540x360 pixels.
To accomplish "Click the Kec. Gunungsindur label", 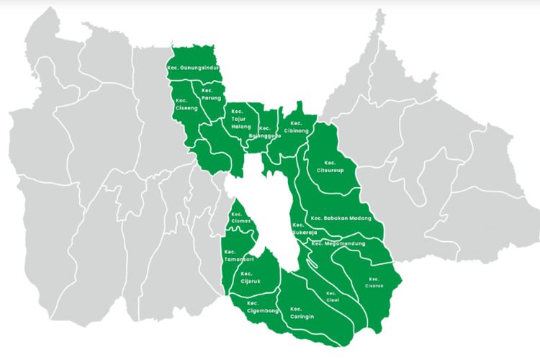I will point(192,68).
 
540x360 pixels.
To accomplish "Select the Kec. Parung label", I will point(211,94).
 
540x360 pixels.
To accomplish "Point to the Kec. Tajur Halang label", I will point(240,120).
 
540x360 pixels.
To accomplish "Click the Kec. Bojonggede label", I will point(263,132).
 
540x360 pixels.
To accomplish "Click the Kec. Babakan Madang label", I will point(341,218).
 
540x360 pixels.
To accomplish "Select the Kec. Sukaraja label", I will point(304,230).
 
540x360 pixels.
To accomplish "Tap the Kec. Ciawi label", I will point(331,297).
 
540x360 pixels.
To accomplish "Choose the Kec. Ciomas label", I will point(240,218).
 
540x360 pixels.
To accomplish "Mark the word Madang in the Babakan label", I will point(358,218).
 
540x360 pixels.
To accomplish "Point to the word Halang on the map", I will point(240,127).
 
